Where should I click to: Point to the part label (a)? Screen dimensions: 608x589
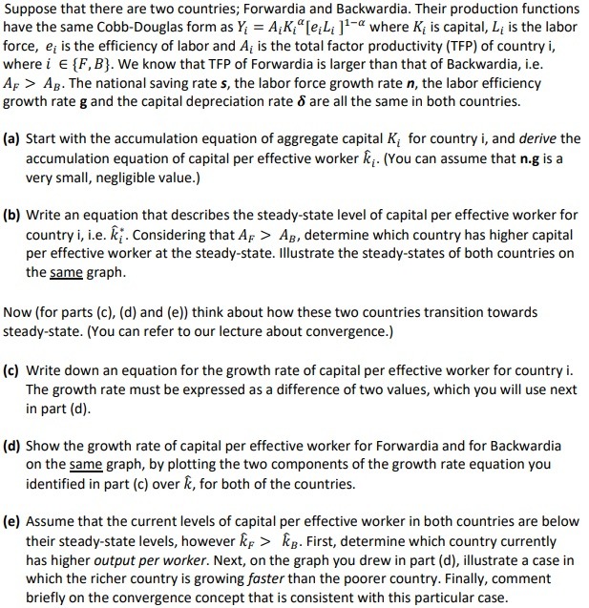[15, 138]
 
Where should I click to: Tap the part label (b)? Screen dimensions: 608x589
[15, 216]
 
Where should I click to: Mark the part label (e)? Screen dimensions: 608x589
[15, 522]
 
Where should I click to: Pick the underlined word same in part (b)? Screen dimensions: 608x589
[65, 272]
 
